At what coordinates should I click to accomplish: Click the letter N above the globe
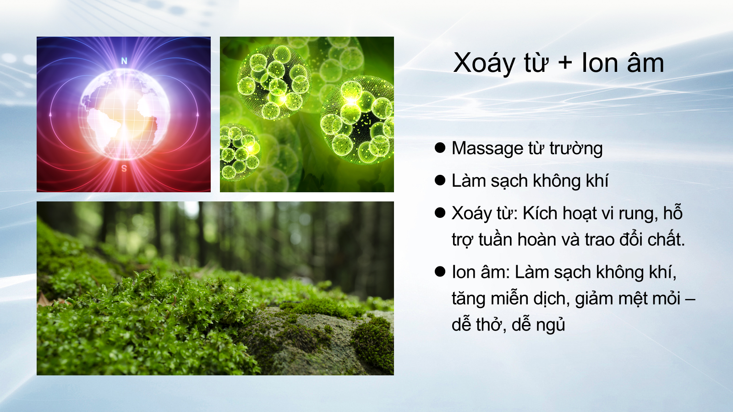(124, 61)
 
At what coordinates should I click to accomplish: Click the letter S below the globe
(124, 168)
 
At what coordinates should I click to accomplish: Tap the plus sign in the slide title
(565, 63)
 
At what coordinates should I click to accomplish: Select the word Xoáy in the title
(484, 64)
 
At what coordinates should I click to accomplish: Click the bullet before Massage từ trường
(440, 147)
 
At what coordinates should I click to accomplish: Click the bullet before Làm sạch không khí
(440, 180)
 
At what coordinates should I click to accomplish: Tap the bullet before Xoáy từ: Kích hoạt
(440, 212)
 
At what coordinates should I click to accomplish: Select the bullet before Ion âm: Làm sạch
(440, 271)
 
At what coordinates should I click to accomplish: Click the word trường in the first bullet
(576, 149)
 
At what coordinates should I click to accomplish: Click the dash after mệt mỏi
(690, 299)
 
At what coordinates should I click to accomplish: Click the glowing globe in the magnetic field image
(124, 114)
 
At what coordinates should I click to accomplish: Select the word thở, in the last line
(491, 325)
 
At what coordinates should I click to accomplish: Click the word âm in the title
(645, 63)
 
